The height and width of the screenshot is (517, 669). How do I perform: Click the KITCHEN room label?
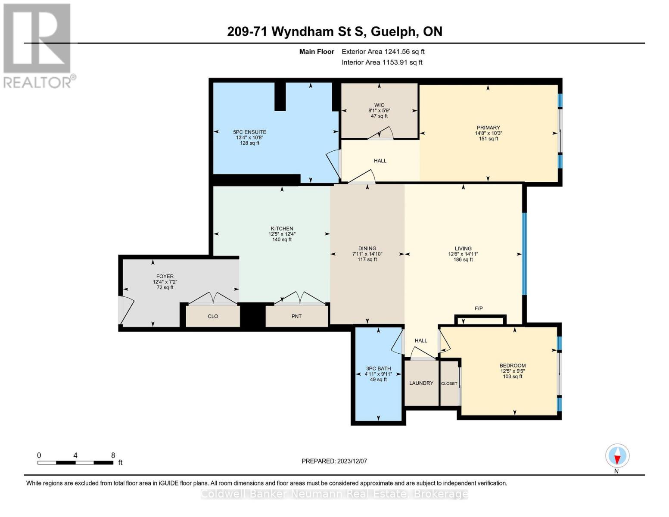(x=282, y=229)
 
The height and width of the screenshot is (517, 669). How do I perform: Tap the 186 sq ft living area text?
(x=463, y=260)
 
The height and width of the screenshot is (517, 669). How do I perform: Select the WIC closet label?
(x=379, y=105)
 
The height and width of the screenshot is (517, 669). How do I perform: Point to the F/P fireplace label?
(x=479, y=308)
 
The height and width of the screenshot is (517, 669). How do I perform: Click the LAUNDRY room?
(x=421, y=383)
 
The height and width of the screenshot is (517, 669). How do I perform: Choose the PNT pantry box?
(x=296, y=316)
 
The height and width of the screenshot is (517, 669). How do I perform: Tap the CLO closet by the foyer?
(x=213, y=316)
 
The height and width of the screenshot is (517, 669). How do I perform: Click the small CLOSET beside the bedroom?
(x=449, y=383)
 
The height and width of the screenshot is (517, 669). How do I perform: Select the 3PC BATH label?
(x=378, y=368)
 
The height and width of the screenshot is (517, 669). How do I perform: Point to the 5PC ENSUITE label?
(x=249, y=132)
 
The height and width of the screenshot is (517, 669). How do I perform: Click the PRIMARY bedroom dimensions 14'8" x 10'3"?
(x=489, y=134)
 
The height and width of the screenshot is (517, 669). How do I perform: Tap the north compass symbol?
(x=617, y=456)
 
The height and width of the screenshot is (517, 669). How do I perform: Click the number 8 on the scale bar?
(x=113, y=455)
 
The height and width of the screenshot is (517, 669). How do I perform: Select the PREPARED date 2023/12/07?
(x=334, y=461)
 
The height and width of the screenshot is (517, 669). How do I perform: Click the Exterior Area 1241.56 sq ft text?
(x=383, y=52)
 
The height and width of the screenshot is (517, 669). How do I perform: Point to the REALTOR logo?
(x=38, y=46)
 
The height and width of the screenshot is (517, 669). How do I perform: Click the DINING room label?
(x=367, y=249)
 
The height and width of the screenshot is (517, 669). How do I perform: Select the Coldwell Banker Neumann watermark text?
(x=334, y=494)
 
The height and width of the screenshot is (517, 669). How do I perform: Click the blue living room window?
(x=524, y=254)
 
